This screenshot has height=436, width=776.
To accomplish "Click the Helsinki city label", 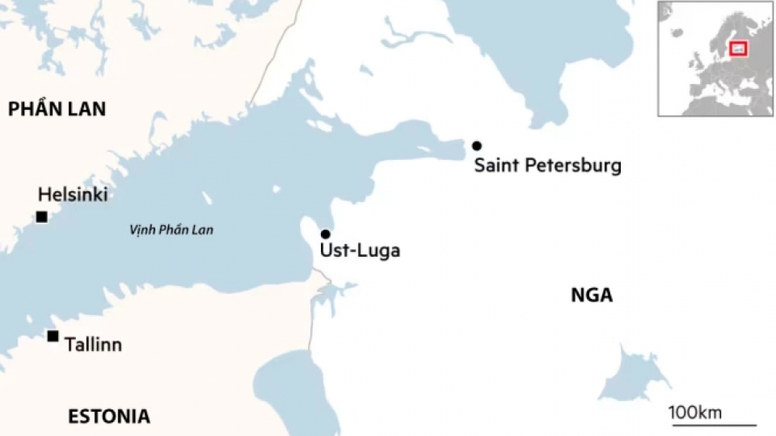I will click(73, 195).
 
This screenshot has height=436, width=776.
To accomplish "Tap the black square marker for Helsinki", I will click(40, 216).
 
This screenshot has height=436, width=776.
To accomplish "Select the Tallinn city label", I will click(93, 345).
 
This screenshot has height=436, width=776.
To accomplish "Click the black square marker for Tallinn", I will click(53, 336).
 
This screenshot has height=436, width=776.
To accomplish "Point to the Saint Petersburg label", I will click(547, 166).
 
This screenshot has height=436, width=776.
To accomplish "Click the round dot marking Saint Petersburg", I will click(477, 145).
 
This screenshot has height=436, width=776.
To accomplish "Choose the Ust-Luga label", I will click(360, 251).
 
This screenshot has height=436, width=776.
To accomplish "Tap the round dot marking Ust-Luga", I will click(326, 234).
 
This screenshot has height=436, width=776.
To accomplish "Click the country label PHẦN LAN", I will click(57, 109).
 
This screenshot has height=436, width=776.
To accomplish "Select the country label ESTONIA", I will click(108, 417).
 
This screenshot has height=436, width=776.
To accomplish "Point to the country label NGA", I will click(592, 296).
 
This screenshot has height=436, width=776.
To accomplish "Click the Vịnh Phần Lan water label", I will click(171, 230).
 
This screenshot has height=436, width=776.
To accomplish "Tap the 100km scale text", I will click(695, 413).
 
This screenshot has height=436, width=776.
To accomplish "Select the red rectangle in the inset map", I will click(738, 49).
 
